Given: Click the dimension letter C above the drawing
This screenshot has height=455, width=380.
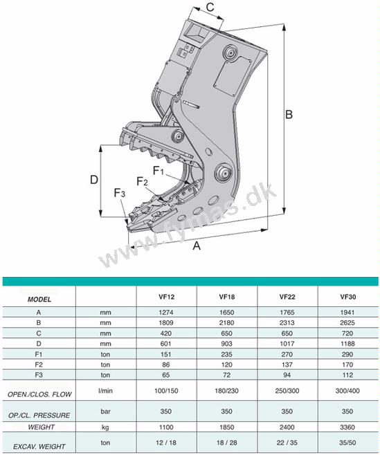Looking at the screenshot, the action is coord(210,6).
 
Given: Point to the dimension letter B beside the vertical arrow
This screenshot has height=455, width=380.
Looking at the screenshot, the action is coord(289,115).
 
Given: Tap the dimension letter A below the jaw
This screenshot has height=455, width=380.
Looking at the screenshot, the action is coord(197,245).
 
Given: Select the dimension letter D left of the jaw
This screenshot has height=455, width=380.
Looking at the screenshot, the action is coord(94,180).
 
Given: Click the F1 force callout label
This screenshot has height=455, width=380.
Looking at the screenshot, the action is coord(159,171).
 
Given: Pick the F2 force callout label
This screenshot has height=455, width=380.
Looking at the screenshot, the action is coord(142,182).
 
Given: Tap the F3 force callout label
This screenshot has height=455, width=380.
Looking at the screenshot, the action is coord(120,193).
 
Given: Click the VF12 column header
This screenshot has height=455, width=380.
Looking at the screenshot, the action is coord(167,297).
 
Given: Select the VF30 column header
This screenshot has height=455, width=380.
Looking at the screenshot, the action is coord(347,297).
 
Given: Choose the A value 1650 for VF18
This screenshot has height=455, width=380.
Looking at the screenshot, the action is coord(226,313).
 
